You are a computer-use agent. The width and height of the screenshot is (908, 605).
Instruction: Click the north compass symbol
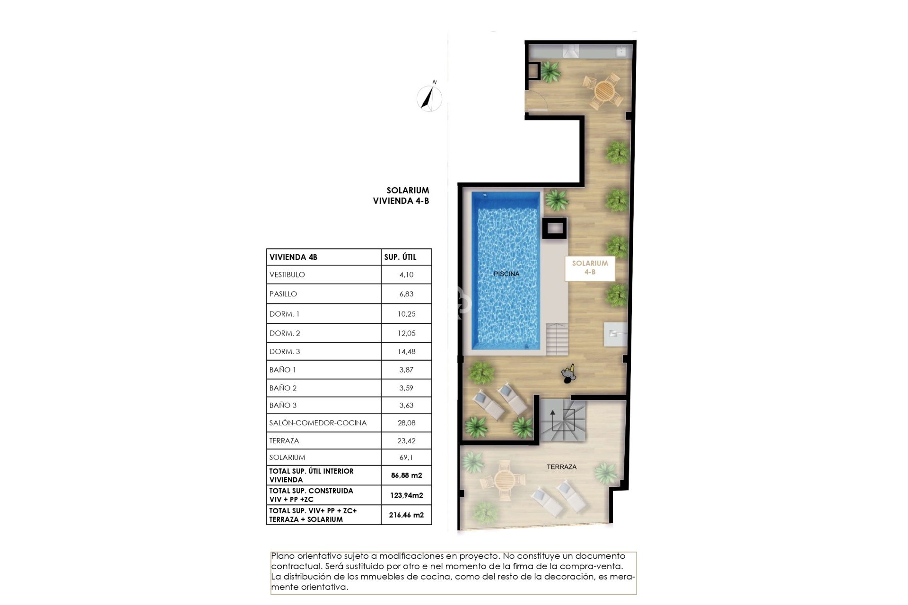pyautogui.click(x=429, y=98)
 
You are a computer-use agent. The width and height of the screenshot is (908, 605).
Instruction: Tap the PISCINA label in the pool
pyautogui.click(x=506, y=274)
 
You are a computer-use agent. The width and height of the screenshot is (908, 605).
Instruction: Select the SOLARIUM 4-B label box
pyautogui.click(x=590, y=268)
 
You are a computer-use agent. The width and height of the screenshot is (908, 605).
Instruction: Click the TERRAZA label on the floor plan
pyautogui.click(x=561, y=467)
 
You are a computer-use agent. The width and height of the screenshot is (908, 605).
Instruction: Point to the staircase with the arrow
pyautogui.click(x=563, y=420)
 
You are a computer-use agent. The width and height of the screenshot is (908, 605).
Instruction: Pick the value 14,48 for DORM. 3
pyautogui.click(x=406, y=352)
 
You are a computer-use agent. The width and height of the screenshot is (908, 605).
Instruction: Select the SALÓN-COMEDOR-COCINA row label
pyautogui.click(x=318, y=423)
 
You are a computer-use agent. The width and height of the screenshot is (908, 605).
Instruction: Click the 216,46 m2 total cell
pyautogui.click(x=406, y=515)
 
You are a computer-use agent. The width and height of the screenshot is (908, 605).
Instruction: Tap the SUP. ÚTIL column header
pyautogui.click(x=400, y=257)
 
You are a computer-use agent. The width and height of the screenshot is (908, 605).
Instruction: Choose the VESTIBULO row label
pyautogui.click(x=287, y=275)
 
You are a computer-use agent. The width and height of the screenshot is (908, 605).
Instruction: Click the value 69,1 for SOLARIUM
pyautogui.click(x=406, y=458)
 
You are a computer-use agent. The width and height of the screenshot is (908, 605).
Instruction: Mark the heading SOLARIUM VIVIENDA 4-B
pyautogui.click(x=401, y=195)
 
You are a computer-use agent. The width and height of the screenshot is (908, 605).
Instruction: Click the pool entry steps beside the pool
pyautogui.click(x=557, y=339)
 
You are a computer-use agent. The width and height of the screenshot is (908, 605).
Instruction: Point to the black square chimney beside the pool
pyautogui.click(x=554, y=229)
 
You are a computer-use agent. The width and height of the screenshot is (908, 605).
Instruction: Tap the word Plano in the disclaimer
pyautogui.click(x=282, y=556)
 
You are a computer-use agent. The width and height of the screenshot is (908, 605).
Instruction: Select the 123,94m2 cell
pyautogui.click(x=406, y=495)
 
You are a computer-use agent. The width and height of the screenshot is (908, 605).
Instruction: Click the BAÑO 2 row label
pyautogui.click(x=283, y=388)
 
